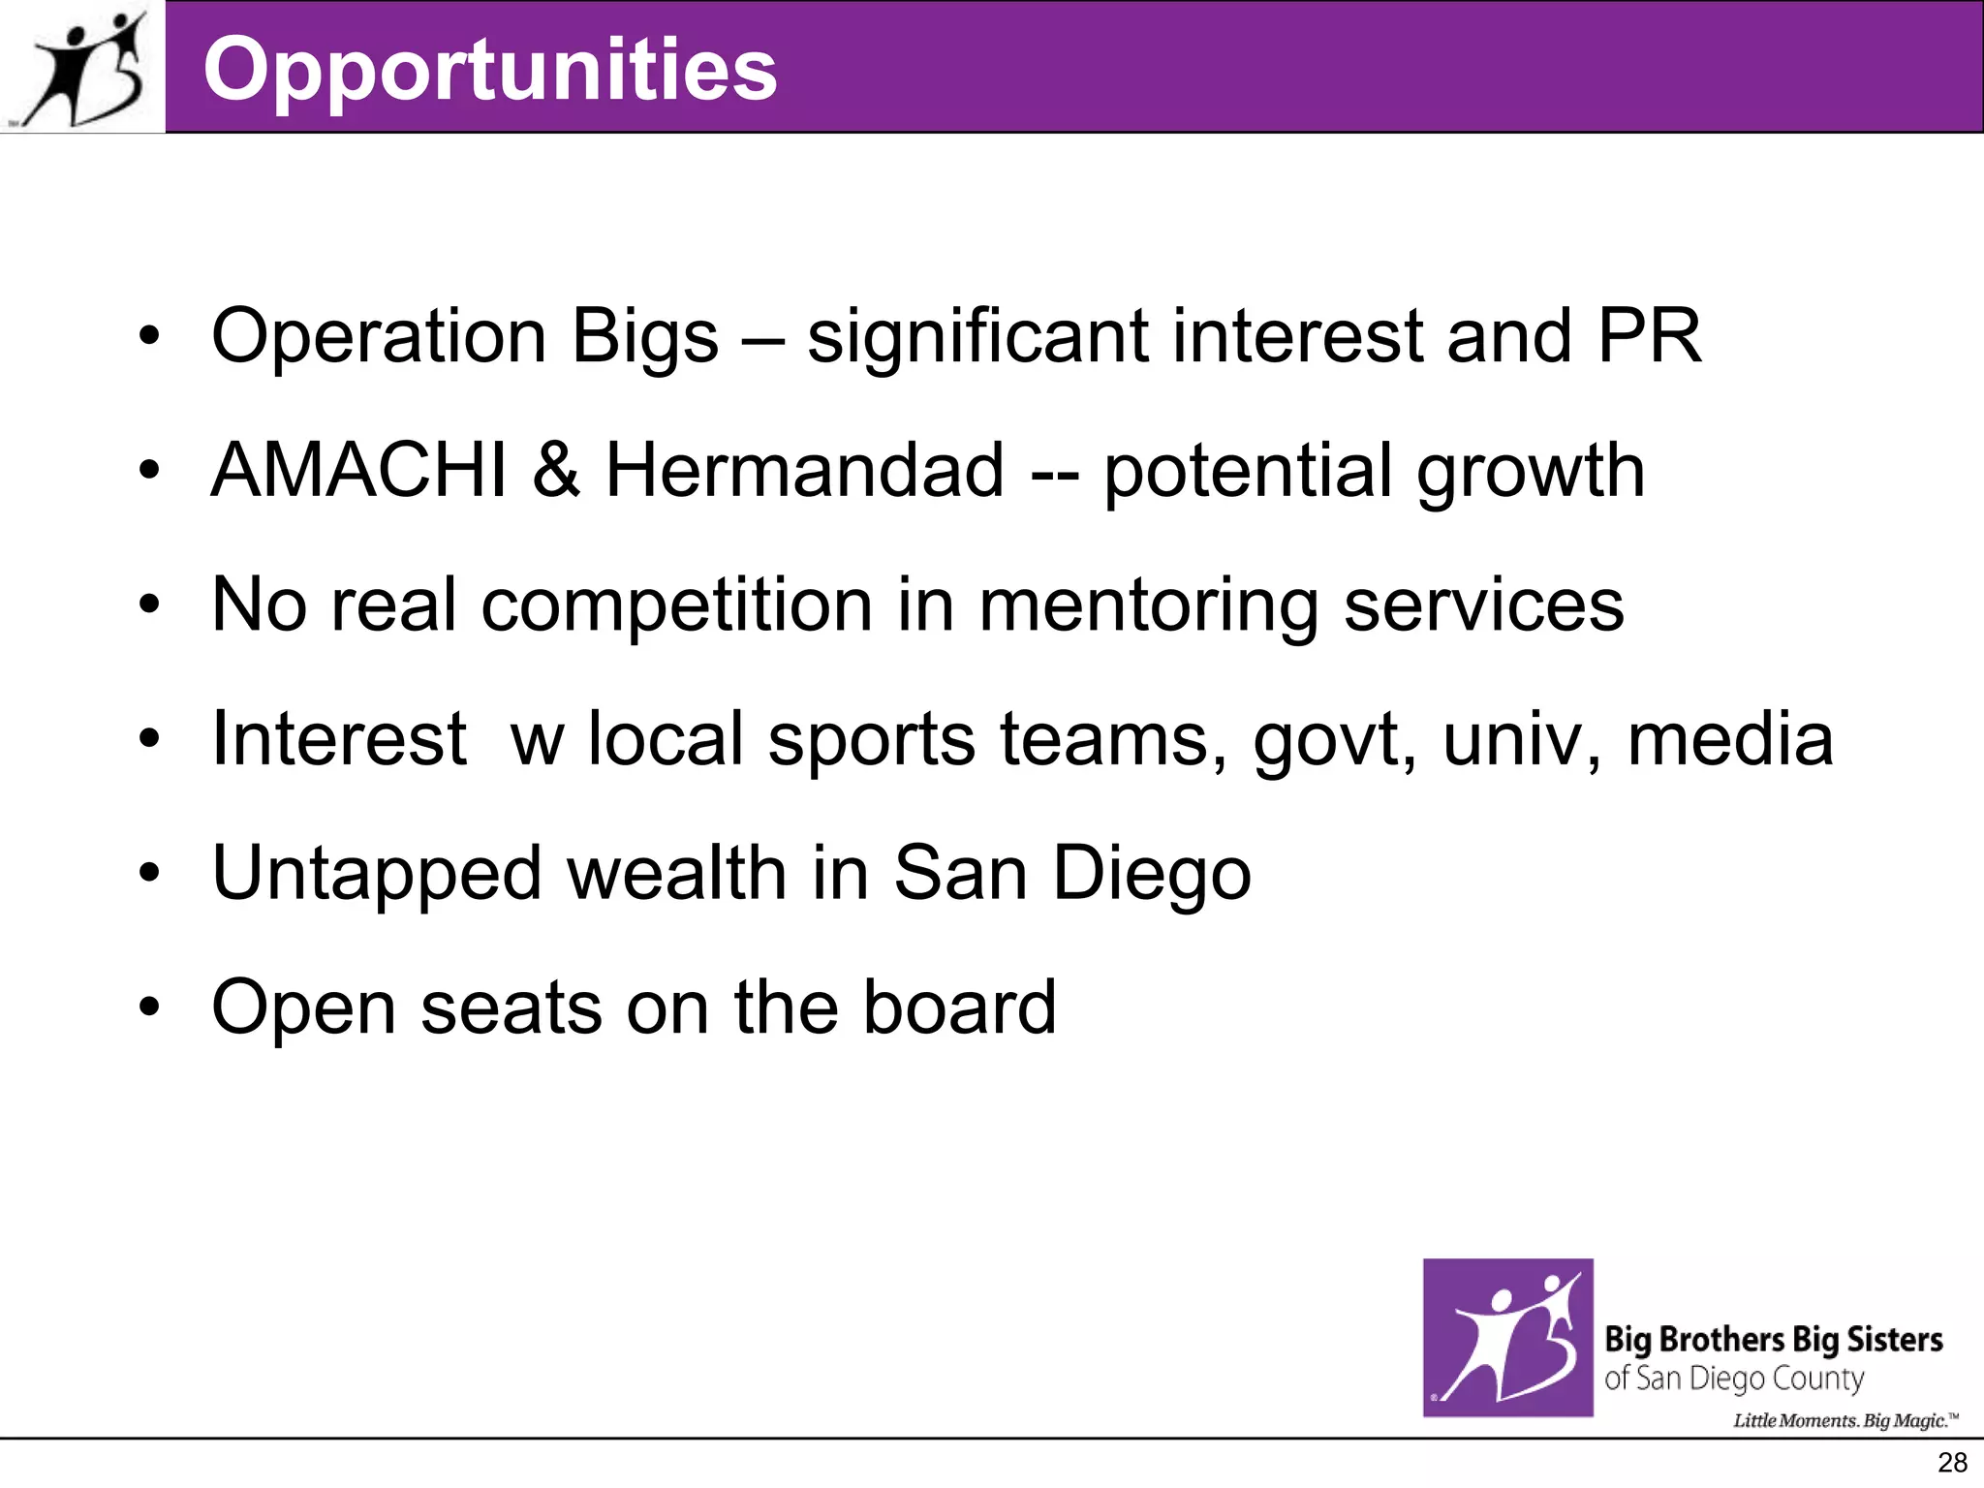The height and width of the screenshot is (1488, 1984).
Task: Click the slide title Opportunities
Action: tap(489, 68)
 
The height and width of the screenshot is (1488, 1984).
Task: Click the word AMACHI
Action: tap(358, 471)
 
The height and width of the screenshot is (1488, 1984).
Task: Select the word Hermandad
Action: tap(804, 471)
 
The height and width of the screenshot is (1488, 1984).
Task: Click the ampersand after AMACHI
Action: tap(556, 471)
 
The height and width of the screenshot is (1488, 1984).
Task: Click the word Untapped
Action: tap(376, 874)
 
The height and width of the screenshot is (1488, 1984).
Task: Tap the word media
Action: tap(1730, 739)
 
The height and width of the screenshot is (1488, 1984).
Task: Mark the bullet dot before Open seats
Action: tap(148, 1007)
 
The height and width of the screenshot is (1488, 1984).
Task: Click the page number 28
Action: tap(1952, 1463)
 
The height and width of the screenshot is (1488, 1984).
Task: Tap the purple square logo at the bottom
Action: tap(1507, 1338)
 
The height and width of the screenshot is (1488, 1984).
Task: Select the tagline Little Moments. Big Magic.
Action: tap(1845, 1421)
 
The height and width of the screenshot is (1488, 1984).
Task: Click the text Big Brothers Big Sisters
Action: tap(1773, 1340)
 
